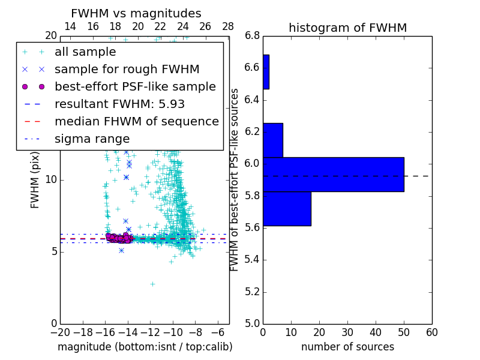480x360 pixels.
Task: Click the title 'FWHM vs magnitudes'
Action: click(136, 13)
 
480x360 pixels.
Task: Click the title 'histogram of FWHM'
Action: click(347, 28)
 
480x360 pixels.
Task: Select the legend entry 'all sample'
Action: click(85, 52)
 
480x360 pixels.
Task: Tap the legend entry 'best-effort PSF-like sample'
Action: click(135, 87)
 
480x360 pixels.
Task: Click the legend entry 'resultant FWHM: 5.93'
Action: click(119, 104)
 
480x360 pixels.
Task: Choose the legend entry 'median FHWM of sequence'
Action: click(136, 122)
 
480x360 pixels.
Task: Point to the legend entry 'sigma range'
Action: click(92, 139)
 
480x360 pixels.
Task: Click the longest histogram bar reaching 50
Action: click(334, 174)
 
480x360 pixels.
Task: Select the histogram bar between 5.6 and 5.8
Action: click(287, 208)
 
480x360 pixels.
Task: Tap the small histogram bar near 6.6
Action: click(266, 72)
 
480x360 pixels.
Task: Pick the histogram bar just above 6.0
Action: click(273, 140)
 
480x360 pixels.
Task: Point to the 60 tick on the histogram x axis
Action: click(431, 332)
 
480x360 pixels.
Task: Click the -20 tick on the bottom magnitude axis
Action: click(60, 332)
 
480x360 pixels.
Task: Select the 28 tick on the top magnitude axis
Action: click(228, 26)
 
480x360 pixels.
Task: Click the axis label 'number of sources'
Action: click(347, 347)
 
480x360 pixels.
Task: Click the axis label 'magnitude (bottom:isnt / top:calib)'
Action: click(145, 347)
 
